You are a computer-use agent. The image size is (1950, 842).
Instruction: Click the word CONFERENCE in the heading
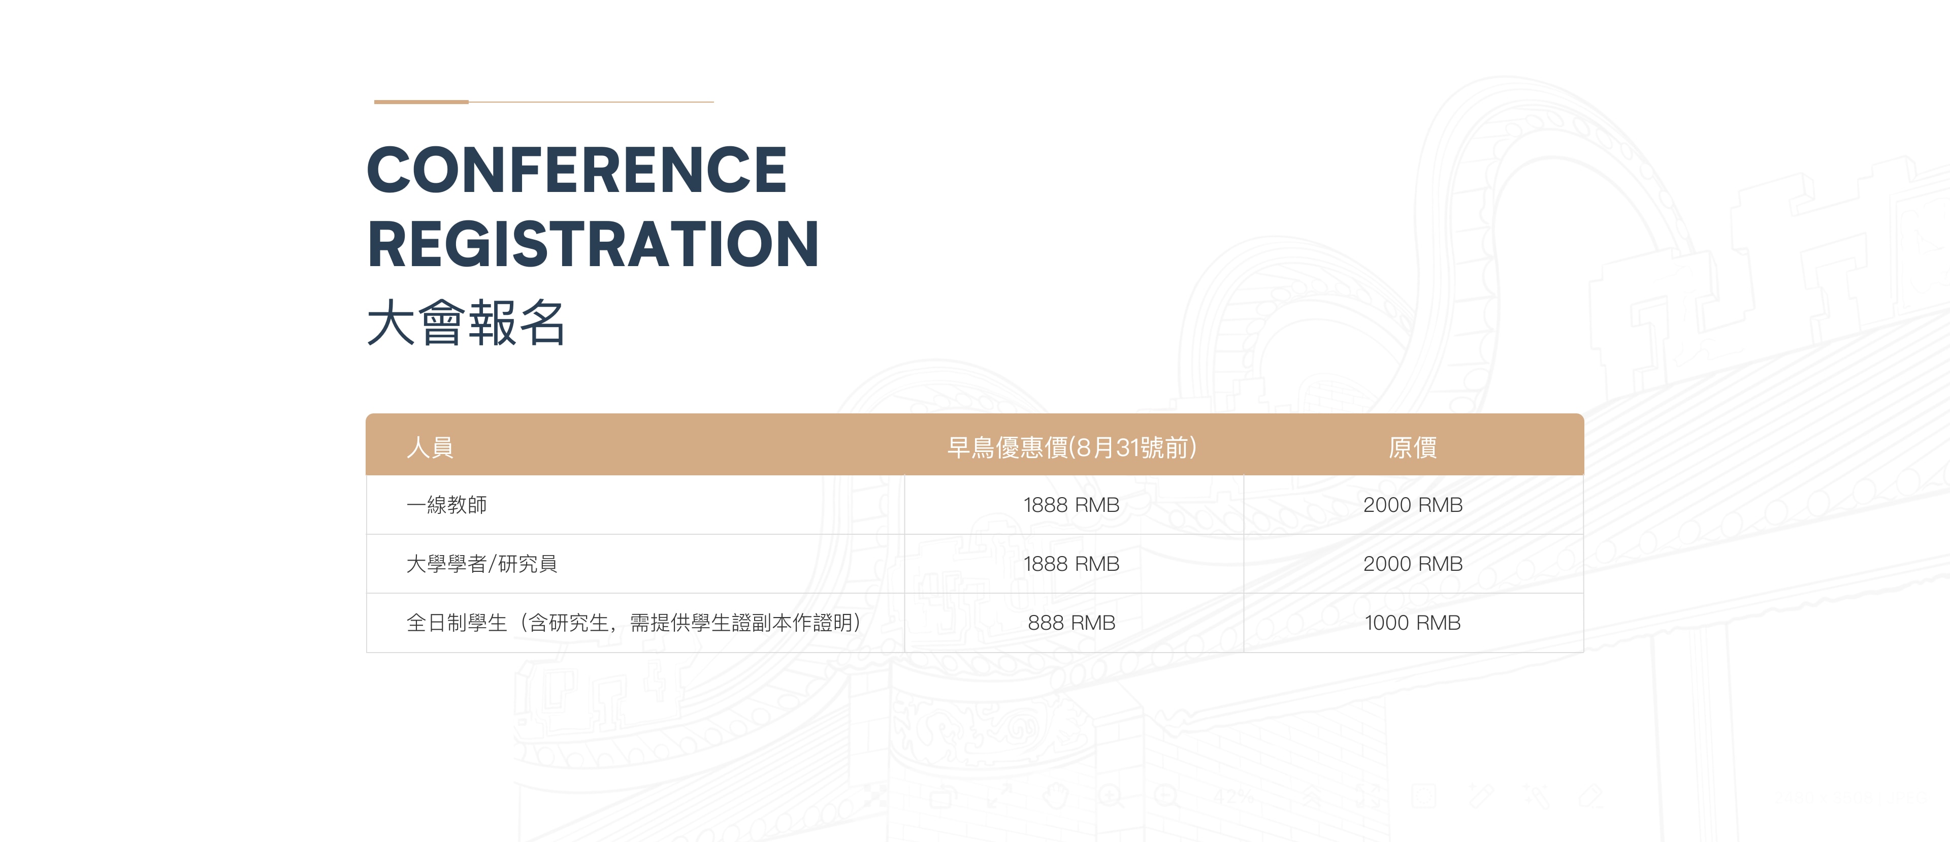pos(577,170)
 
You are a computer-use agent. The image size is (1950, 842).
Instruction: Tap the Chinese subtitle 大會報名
pos(466,322)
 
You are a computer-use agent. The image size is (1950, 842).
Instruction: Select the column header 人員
pos(430,447)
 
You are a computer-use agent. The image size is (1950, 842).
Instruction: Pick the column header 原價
pos(1413,447)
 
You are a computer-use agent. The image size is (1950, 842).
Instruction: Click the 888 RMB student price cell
pos(1071,623)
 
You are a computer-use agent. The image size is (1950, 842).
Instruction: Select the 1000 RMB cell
pos(1413,623)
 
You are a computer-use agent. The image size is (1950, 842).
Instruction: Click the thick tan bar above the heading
pos(421,102)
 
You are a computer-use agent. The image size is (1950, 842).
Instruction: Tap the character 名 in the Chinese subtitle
pos(542,322)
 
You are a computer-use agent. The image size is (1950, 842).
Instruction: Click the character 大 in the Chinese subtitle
pos(391,322)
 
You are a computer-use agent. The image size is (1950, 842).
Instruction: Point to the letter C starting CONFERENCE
pos(391,170)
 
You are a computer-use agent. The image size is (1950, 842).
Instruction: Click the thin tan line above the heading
pos(591,102)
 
